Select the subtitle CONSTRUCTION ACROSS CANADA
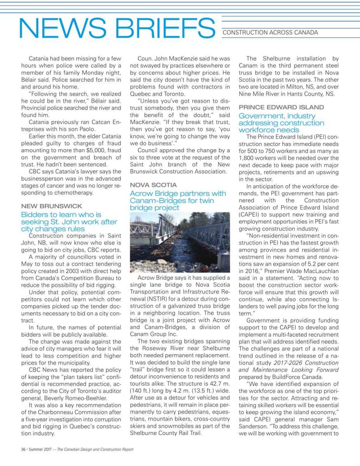(x=270, y=33)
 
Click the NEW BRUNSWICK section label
(x=52, y=206)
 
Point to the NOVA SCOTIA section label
(x=153, y=185)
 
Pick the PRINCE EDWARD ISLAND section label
(x=281, y=107)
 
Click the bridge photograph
(x=179, y=243)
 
